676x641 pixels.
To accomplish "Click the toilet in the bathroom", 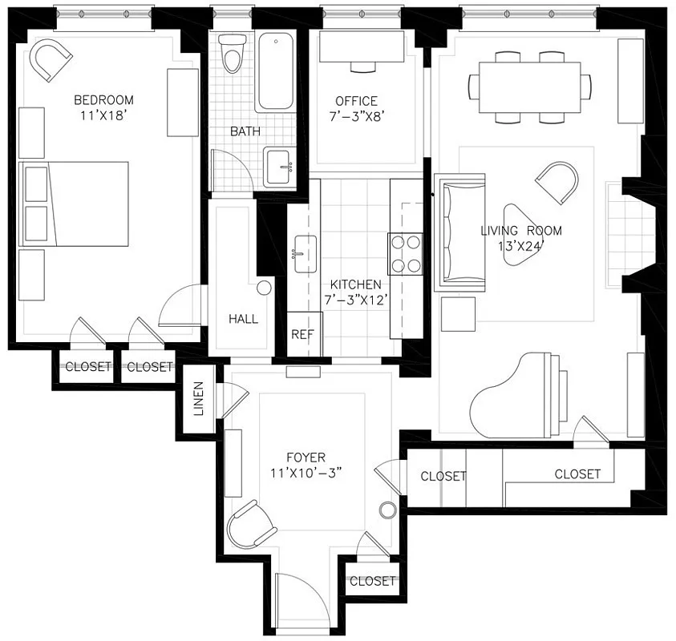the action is pyautogui.click(x=232, y=54).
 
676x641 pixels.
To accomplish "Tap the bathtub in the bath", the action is pyautogui.click(x=276, y=71).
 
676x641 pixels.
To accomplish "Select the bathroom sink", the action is pyautogui.click(x=279, y=167).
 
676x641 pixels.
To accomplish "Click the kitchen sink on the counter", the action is pyautogui.click(x=306, y=254).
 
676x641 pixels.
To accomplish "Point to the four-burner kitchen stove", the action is pyautogui.click(x=405, y=254).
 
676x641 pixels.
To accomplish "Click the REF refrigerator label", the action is pyautogui.click(x=302, y=334).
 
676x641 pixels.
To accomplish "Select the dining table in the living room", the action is pyautogui.click(x=529, y=87).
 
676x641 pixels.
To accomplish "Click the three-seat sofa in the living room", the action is pyautogui.click(x=460, y=232).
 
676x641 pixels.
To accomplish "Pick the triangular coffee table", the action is pyautogui.click(x=519, y=235).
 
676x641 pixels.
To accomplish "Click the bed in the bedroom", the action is pyautogui.click(x=74, y=204).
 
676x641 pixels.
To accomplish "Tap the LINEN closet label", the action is pyautogui.click(x=198, y=398).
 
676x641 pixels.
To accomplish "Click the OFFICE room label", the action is pyautogui.click(x=356, y=101).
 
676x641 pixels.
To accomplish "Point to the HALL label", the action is pyautogui.click(x=243, y=319).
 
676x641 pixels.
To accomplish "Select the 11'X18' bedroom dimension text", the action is pyautogui.click(x=103, y=115).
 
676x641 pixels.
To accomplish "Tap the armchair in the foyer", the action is pyautogui.click(x=251, y=525).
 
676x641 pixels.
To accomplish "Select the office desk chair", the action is pyautogui.click(x=363, y=67).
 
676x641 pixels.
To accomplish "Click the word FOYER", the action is pyautogui.click(x=306, y=458).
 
